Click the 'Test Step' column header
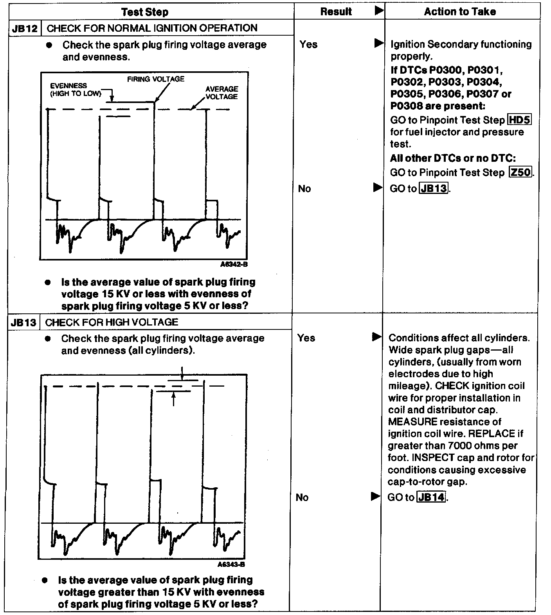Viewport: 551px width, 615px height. click(145, 12)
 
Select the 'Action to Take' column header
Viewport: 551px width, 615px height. click(460, 12)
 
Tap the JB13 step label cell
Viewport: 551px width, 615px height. click(23, 322)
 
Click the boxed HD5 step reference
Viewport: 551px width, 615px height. click(519, 120)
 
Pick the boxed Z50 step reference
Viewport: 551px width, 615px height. click(521, 172)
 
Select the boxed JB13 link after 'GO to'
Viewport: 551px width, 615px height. click(434, 188)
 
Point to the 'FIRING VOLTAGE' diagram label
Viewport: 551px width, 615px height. click(156, 79)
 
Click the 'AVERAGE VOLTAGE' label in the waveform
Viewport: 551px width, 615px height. click(221, 93)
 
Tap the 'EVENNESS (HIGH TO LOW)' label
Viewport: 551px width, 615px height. click(75, 90)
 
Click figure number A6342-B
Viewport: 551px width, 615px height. click(234, 264)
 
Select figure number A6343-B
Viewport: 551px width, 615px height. click(231, 564)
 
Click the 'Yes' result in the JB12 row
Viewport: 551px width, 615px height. click(308, 45)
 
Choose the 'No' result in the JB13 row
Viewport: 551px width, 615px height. click(302, 497)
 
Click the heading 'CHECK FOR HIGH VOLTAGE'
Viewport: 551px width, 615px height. click(112, 322)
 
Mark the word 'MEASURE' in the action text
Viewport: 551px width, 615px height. click(412, 422)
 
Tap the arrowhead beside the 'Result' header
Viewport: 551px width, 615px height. click(378, 11)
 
